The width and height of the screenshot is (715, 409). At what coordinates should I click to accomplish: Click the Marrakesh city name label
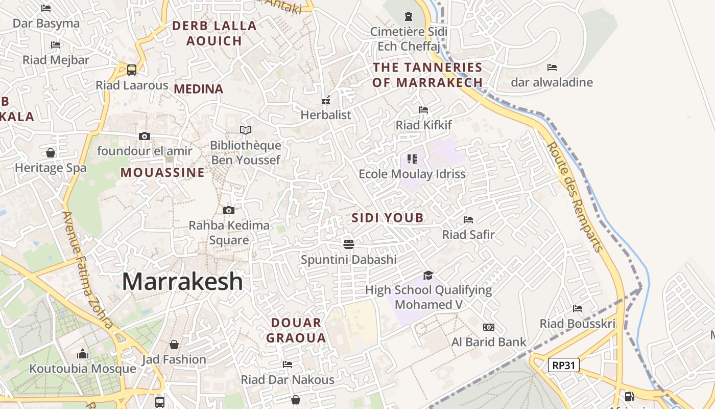click(x=182, y=282)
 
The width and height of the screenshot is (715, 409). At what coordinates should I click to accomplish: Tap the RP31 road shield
click(x=564, y=365)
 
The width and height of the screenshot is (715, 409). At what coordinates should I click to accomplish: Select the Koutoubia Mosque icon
click(x=82, y=354)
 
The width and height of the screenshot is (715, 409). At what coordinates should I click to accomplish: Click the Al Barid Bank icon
click(x=489, y=327)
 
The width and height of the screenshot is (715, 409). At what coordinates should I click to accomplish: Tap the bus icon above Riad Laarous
click(x=132, y=70)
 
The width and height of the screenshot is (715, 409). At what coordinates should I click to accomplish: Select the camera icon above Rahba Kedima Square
click(x=229, y=210)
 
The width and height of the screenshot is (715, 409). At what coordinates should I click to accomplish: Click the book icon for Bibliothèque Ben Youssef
click(x=246, y=130)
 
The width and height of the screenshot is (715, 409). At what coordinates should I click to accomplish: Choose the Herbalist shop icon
click(x=326, y=100)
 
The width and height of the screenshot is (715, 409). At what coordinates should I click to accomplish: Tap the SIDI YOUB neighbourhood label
click(x=388, y=218)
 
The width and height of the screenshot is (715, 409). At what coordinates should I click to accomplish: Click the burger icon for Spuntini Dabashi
click(x=349, y=244)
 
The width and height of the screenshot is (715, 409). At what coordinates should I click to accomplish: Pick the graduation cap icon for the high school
click(x=428, y=275)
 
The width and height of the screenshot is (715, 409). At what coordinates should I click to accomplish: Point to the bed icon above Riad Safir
click(x=468, y=220)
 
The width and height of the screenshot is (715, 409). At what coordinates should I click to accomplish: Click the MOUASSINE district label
click(x=162, y=173)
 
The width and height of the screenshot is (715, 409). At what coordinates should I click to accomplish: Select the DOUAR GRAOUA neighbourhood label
click(x=296, y=330)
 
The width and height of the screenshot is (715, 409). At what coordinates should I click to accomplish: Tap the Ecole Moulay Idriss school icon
click(x=412, y=159)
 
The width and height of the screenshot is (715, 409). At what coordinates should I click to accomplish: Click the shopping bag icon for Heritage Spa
click(x=51, y=153)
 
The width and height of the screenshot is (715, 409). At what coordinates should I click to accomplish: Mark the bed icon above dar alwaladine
click(x=552, y=67)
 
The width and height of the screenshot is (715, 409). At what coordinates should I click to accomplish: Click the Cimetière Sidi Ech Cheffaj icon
click(x=408, y=16)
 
